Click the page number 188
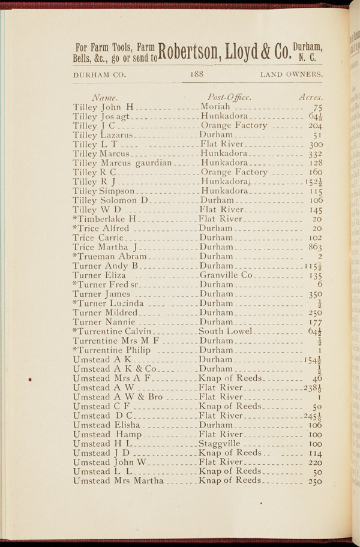tap(197, 74)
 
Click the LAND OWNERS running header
tap(292, 74)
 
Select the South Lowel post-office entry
tap(228, 331)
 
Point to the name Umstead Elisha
tap(106, 424)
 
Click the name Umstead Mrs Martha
tap(118, 480)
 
